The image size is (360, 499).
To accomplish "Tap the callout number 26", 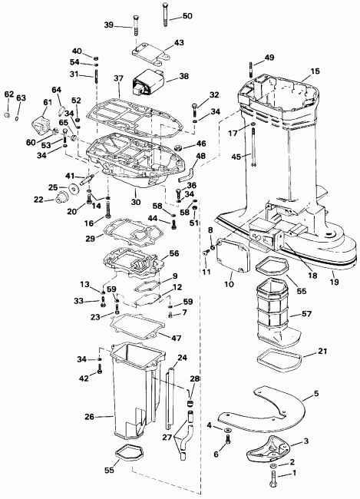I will coord(89,418).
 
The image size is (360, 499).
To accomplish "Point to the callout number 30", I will coord(136,202).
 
